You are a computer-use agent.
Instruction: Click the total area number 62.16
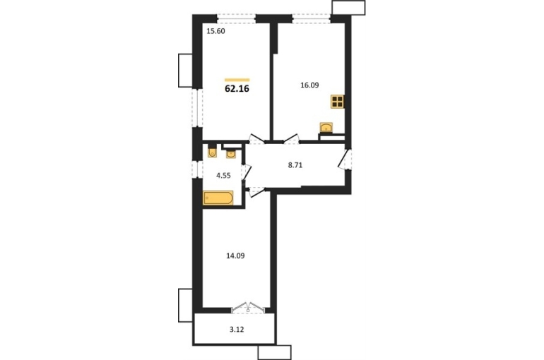[x=237, y=89]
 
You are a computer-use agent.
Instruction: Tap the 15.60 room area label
[x=215, y=31]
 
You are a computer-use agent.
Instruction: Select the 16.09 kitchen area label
[x=309, y=85]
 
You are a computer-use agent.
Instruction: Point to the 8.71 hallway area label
[x=295, y=165]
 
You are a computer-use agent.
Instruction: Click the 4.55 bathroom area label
[x=223, y=175]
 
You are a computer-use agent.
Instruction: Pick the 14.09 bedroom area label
[x=235, y=256]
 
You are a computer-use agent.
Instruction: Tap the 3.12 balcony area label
[x=237, y=330]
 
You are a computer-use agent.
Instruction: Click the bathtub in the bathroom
[x=218, y=198]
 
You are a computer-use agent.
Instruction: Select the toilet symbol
[x=213, y=152]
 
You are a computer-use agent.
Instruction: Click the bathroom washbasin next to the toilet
[x=231, y=153]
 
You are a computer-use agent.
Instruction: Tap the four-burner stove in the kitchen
[x=338, y=102]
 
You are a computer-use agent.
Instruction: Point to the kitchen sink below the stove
[x=326, y=128]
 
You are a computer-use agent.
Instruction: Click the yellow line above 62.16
[x=237, y=80]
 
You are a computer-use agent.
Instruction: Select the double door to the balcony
[x=248, y=308]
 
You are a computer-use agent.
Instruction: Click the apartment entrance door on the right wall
[x=346, y=160]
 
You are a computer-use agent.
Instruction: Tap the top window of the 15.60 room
[x=237, y=18]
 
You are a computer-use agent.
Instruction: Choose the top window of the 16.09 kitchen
[x=311, y=18]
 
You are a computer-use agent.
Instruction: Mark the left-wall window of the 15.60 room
[x=197, y=108]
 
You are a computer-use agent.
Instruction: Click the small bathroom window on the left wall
[x=197, y=169]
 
